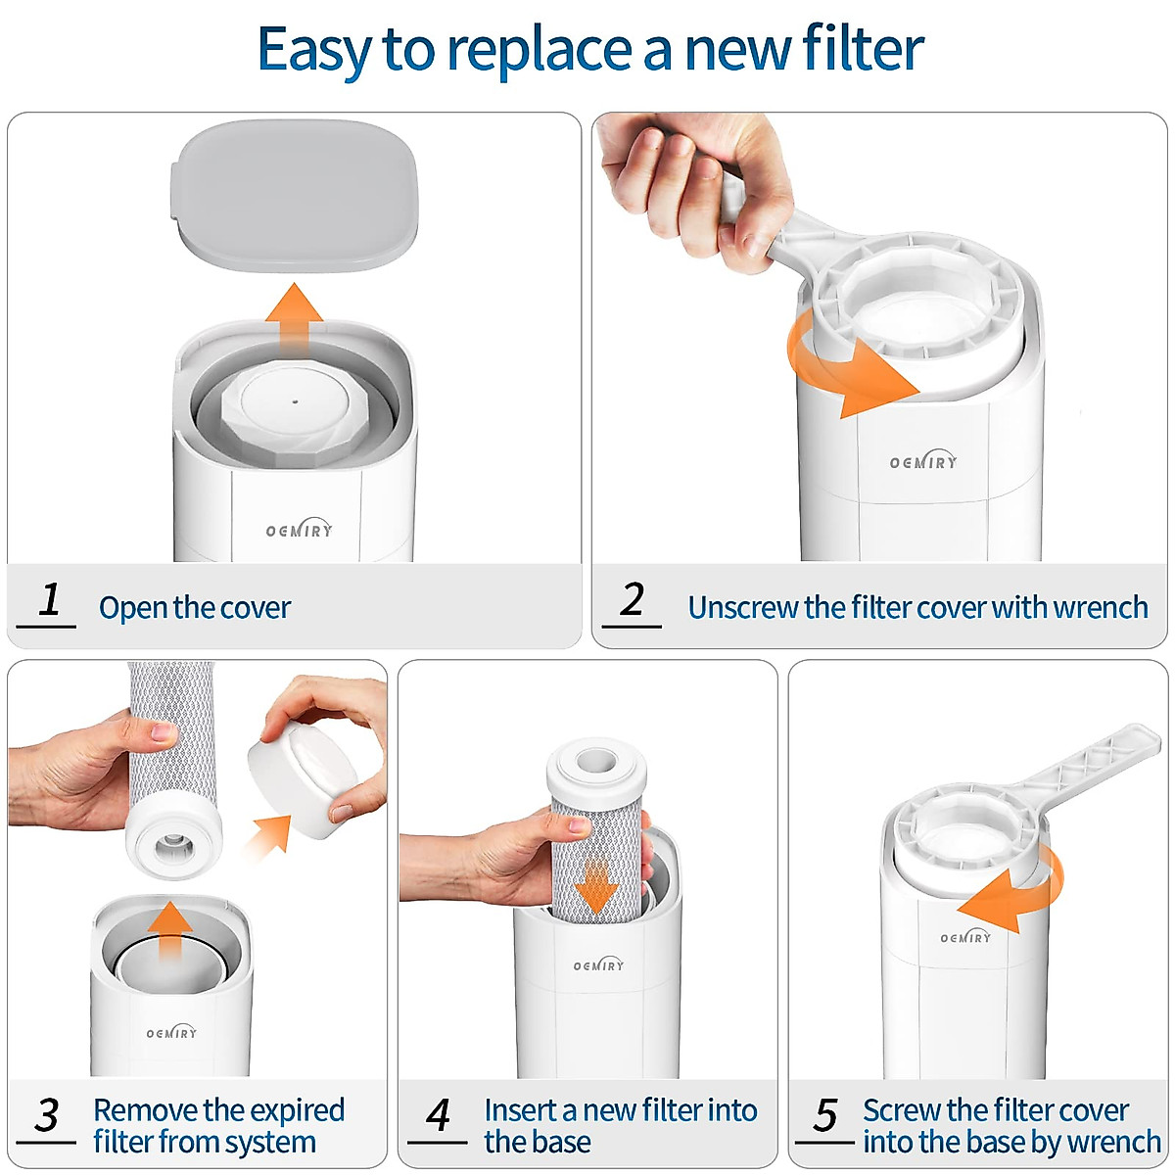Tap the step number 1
point(50,599)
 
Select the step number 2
point(633,599)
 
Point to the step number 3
point(47,1115)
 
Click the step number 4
point(438,1115)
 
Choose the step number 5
point(825,1115)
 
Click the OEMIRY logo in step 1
point(300,530)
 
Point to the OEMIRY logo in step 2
point(922,461)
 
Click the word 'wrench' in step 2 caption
point(1102,608)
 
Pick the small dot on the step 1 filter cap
point(295,399)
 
